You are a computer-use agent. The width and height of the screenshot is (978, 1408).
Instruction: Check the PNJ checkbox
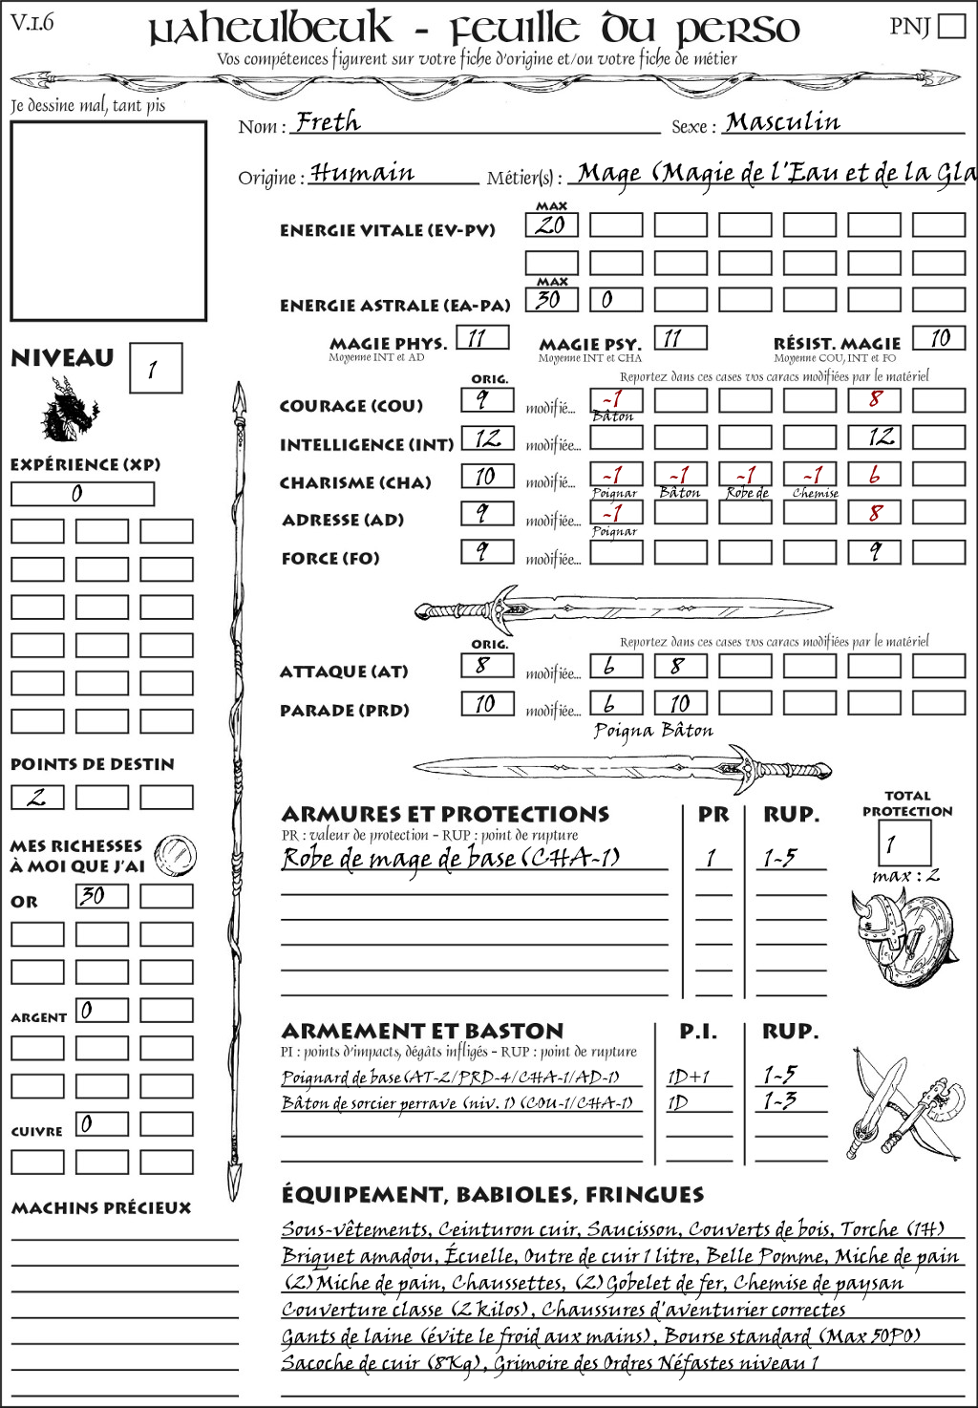tap(951, 26)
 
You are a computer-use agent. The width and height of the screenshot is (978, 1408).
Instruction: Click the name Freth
tap(328, 122)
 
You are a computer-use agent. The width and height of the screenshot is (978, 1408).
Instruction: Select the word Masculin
tap(782, 122)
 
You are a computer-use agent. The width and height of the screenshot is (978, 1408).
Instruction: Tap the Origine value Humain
tap(362, 173)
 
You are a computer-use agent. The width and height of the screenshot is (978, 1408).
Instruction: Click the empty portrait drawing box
tap(108, 221)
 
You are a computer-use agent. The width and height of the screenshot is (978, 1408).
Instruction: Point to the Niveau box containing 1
tap(155, 369)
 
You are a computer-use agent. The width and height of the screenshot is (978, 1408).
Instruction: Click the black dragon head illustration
tap(69, 409)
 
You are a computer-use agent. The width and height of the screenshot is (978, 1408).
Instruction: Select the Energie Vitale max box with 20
tap(551, 225)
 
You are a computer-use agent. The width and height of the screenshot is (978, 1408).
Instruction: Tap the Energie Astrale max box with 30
tap(551, 299)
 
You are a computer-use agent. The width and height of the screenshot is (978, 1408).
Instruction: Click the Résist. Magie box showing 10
tap(938, 338)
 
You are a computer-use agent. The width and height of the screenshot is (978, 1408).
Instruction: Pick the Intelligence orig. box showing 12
tap(487, 438)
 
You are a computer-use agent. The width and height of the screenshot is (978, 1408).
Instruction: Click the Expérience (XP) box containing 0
tap(82, 494)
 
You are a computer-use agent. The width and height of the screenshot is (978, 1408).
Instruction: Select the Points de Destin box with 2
tap(37, 797)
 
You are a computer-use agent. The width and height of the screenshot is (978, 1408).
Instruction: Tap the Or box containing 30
tap(101, 896)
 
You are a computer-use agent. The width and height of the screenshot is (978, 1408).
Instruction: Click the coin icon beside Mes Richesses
tap(176, 854)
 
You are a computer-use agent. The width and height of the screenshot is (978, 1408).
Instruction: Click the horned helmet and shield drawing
tap(900, 937)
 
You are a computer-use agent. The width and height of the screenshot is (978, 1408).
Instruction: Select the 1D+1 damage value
tap(689, 1077)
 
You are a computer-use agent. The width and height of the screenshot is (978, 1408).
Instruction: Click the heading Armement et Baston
tap(422, 1031)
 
